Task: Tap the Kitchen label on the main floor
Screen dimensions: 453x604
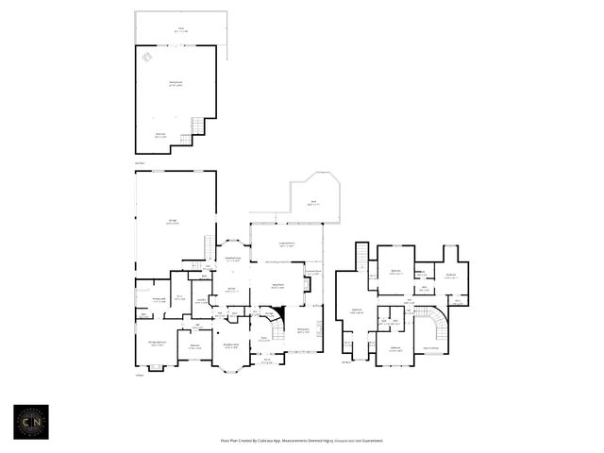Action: pyautogui.click(x=231, y=290)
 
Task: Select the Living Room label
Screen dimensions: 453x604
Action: pyautogui.click(x=279, y=286)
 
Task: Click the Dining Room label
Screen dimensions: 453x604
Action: pyautogui.click(x=304, y=331)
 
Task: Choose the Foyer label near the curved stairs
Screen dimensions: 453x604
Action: pyautogui.click(x=264, y=340)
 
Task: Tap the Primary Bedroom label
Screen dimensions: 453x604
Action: pyautogui.click(x=156, y=344)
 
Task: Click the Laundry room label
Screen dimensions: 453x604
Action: pyautogui.click(x=201, y=301)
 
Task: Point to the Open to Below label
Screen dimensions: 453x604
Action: pyautogui.click(x=432, y=349)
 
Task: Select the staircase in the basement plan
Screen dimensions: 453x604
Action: pyautogui.click(x=197, y=126)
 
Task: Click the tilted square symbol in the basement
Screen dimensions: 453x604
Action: pyautogui.click(x=148, y=58)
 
